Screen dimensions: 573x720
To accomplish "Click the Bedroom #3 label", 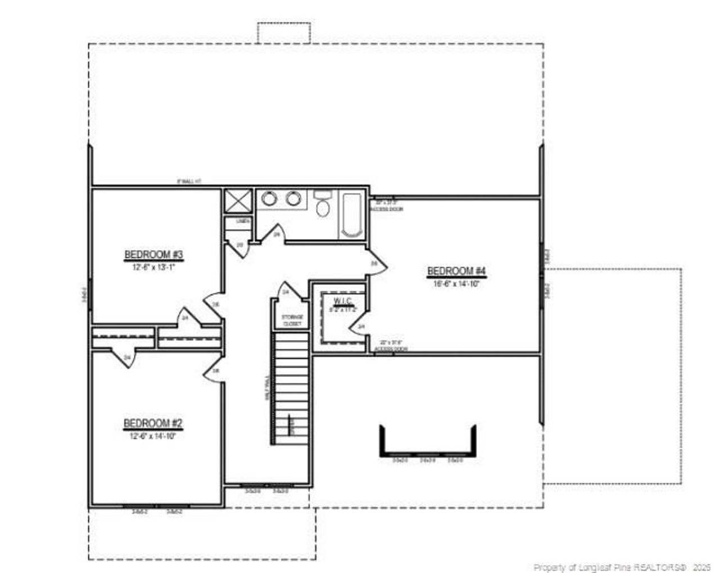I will point(154,255).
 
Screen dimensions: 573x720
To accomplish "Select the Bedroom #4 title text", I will point(456,272).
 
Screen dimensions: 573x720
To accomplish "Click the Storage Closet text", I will point(292,321).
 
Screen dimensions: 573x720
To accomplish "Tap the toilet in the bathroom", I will point(322,206).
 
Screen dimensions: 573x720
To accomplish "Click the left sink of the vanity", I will point(268,198).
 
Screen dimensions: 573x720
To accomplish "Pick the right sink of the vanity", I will point(292,198).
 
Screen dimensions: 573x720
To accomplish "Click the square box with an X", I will point(236,201).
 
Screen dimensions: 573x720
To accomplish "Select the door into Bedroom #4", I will point(376,263).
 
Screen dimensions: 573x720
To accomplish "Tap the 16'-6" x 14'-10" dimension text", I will point(456,284).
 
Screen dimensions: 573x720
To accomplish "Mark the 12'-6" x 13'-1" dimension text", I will point(154,267).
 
